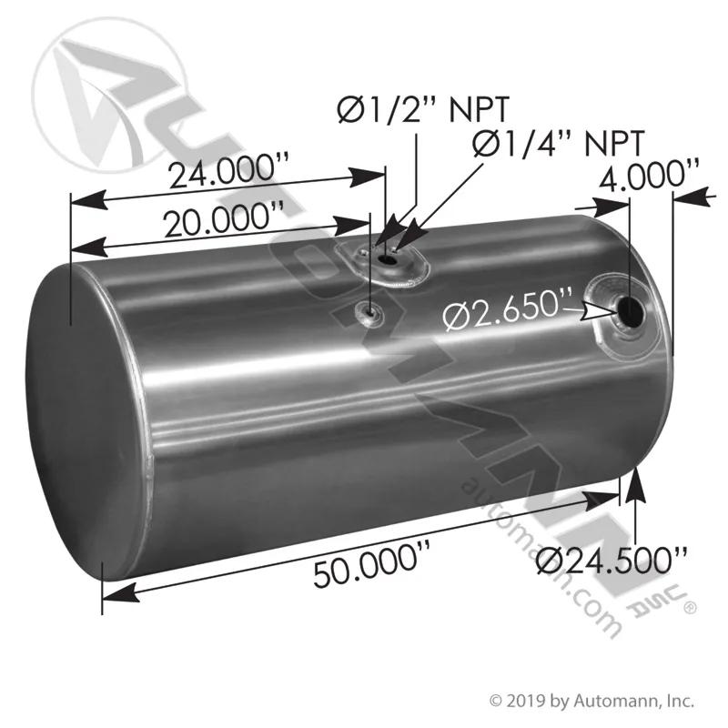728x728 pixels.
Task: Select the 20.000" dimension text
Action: (x=224, y=218)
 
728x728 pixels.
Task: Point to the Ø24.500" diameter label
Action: (x=612, y=561)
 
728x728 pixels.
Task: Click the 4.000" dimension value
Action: (x=649, y=174)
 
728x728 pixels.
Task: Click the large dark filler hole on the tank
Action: (x=630, y=312)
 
